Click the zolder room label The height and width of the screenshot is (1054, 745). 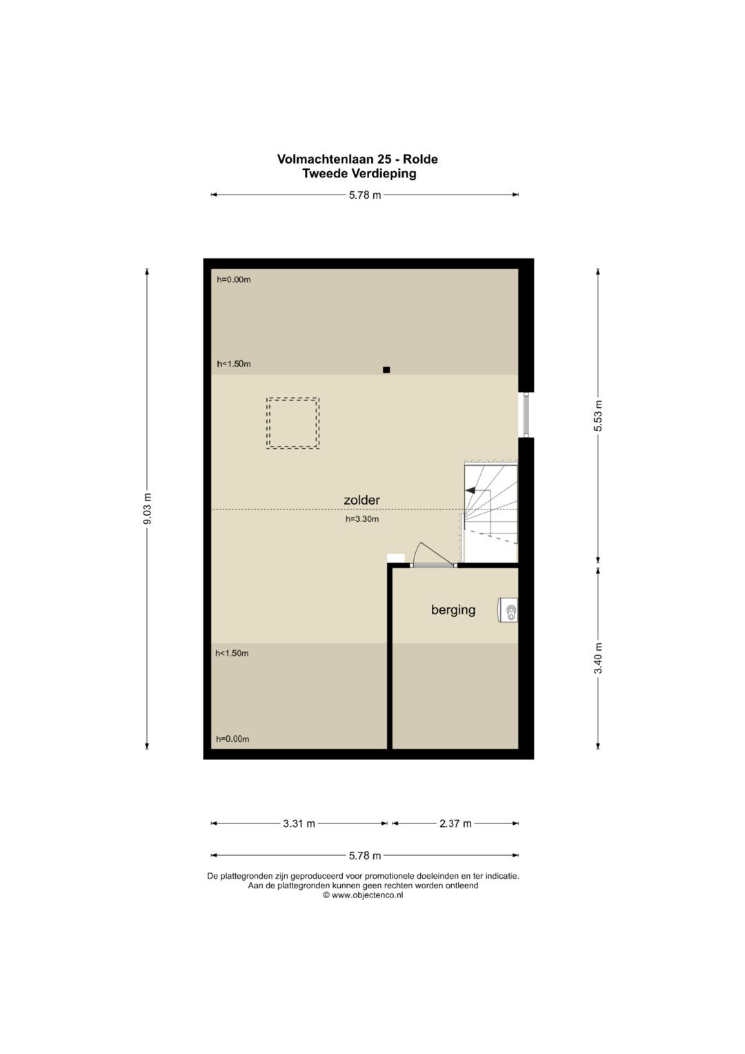pos(361,500)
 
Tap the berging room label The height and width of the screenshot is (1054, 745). pos(453,610)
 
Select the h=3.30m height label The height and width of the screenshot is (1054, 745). pos(361,519)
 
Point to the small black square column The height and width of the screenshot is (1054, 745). pos(386,370)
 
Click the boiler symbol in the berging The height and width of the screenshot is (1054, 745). pos(508,612)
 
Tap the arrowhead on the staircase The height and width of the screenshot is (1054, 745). pos(469,490)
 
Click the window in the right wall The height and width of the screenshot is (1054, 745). pos(526,415)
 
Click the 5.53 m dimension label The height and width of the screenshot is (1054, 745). pos(598,416)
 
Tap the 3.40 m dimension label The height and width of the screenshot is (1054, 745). pos(598,658)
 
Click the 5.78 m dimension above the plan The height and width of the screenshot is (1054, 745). pos(365,195)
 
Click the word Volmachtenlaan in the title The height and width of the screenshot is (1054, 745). pos(324,159)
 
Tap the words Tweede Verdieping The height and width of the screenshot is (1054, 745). pos(359,174)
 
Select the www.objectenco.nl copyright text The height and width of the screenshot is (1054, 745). pos(363,895)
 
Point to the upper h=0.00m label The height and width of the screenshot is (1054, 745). pos(234,280)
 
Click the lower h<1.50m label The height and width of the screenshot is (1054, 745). pos(232,653)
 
